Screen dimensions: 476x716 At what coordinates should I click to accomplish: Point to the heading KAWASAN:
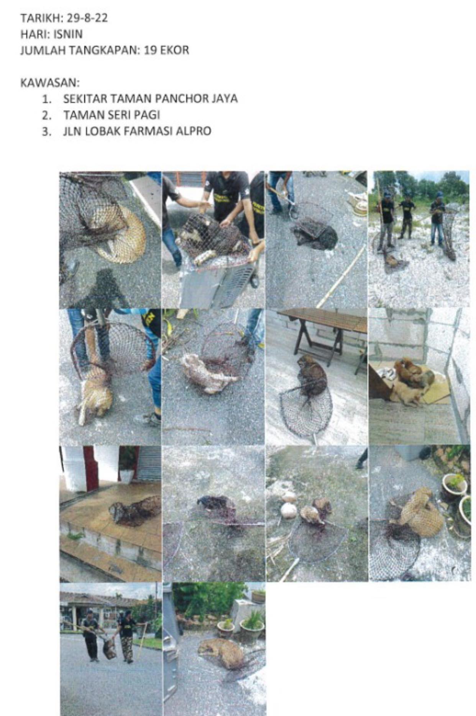pyautogui.click(x=50, y=82)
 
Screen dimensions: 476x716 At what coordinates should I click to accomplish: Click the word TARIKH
pyautogui.click(x=36, y=18)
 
